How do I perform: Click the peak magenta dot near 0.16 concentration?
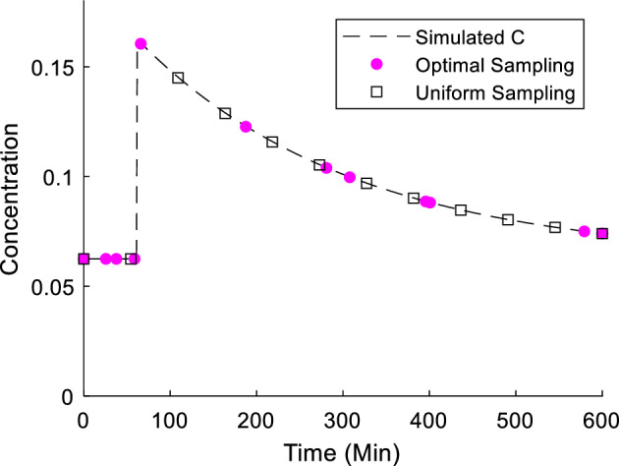point(141,44)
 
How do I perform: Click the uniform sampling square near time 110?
point(178,78)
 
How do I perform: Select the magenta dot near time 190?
point(246,127)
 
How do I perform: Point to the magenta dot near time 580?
point(584,231)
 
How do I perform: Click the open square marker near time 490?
point(508,219)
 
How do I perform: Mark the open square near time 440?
point(461,209)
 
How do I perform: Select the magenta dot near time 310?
point(350,177)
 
